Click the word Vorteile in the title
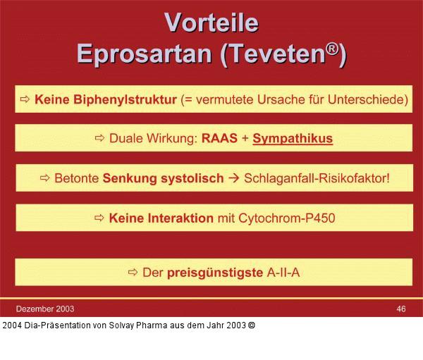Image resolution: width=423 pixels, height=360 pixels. coord(211,23)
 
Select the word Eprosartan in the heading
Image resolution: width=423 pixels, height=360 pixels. coord(145,54)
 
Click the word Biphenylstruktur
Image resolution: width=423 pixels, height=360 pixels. coord(125,100)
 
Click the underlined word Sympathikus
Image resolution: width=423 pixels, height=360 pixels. coord(292,139)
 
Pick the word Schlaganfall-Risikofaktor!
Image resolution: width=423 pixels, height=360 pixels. coord(317,178)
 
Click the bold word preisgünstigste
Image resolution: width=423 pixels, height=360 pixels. coord(215,272)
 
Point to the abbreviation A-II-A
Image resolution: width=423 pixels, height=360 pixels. coord(283,272)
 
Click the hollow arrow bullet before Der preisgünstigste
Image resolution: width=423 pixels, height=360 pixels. coord(133,272)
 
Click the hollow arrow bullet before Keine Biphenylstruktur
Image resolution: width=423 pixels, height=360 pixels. coord(25,100)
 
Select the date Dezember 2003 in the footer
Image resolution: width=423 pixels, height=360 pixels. coord(45,309)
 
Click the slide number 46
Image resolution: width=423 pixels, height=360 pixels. coord(401,309)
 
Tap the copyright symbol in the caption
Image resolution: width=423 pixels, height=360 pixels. coord(252,325)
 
